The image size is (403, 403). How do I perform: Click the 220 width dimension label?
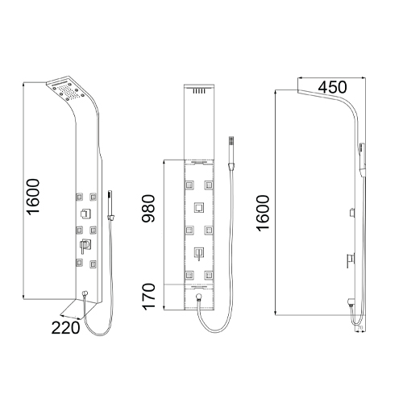65,328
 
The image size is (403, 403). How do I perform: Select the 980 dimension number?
148,209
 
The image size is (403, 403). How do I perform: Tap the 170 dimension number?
148,297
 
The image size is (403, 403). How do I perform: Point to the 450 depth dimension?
332,87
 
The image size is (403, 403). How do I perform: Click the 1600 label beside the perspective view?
34,197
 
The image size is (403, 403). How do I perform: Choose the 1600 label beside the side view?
263,213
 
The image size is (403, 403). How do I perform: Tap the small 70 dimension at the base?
360,328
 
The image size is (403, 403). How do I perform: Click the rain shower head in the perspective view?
67,89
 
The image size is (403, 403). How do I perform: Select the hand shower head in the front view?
231,153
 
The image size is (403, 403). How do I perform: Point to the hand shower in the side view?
363,160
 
